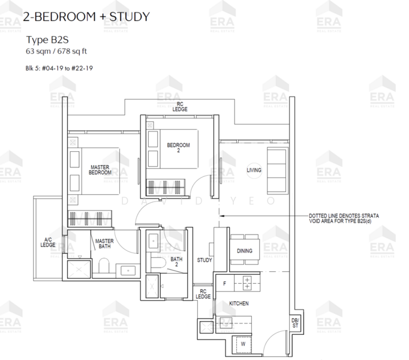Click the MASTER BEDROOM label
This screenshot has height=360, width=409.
point(100,170)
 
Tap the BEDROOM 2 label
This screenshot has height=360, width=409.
point(179,148)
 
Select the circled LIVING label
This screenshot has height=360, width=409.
point(254,170)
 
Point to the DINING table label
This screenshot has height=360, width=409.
point(245,251)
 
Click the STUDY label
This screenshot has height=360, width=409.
point(204,260)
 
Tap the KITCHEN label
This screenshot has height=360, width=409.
point(239,304)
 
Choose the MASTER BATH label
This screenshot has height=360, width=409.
point(104,244)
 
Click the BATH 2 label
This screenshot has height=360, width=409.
point(176,262)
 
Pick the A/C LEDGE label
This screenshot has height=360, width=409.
point(48,242)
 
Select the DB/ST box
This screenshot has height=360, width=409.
point(295,323)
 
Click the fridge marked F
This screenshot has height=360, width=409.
point(225,283)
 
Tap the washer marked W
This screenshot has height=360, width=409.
point(243,344)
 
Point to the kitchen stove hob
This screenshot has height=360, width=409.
point(247,284)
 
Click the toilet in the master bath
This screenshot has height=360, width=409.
point(104,266)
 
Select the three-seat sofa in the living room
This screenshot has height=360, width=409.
point(277,170)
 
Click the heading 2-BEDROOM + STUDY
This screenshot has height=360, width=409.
point(86,17)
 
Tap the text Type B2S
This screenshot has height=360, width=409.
point(47,40)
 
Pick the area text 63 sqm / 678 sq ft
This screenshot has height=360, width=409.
point(56,51)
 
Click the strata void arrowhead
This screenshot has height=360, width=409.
point(222,216)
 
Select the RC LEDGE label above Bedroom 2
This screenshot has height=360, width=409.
point(180,107)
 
